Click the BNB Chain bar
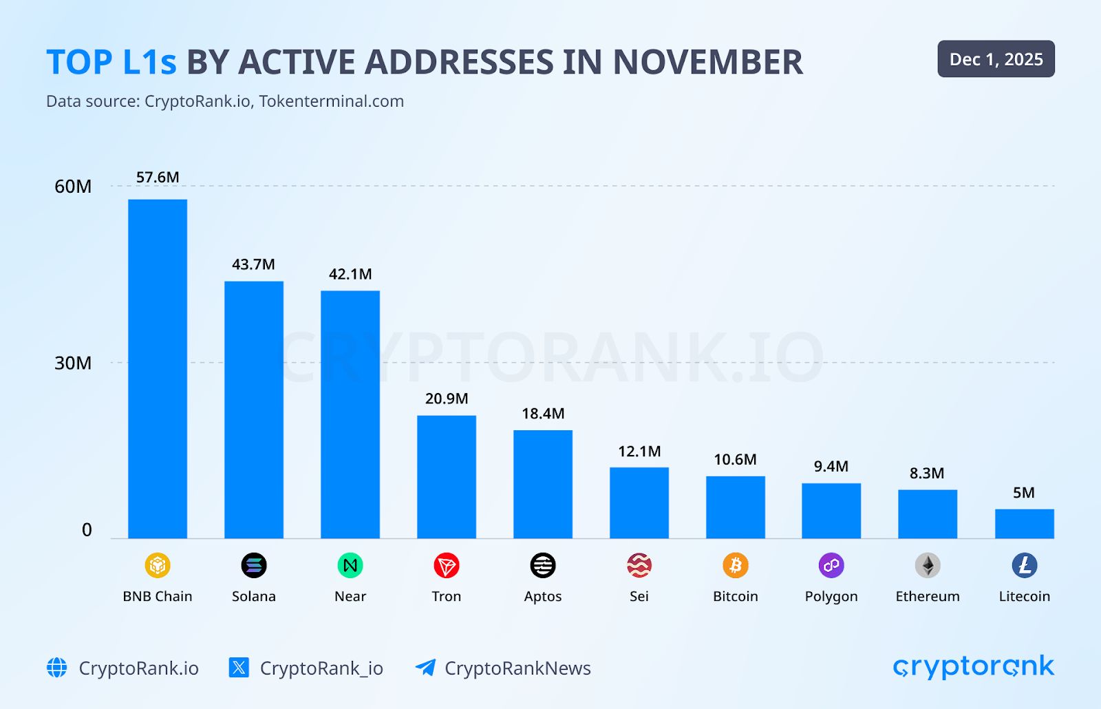click(x=158, y=368)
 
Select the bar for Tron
click(x=447, y=476)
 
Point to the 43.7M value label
click(x=253, y=264)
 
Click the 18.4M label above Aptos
click(x=543, y=414)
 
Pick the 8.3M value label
click(x=927, y=474)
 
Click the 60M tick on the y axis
click(x=73, y=187)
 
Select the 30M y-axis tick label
click(x=73, y=363)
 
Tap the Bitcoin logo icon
click(x=735, y=566)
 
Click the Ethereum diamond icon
click(x=928, y=566)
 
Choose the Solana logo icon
click(x=253, y=566)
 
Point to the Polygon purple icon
click(x=831, y=566)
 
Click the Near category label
click(x=350, y=596)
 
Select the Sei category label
click(x=639, y=596)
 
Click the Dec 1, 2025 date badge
click(x=996, y=59)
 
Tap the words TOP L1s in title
click(x=111, y=63)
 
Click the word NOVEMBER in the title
click(x=707, y=63)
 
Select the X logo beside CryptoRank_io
click(x=239, y=668)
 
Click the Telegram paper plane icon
click(x=425, y=668)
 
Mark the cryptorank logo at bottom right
click(x=973, y=667)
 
